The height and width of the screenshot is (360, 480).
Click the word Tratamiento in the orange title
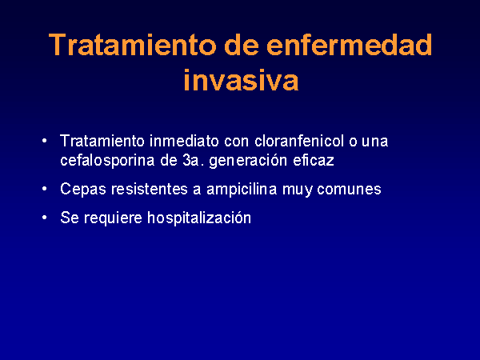133,45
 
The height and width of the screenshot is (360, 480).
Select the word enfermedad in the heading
350,45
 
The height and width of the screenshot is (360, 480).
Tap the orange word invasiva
241,80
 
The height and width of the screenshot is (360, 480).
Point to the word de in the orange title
242,45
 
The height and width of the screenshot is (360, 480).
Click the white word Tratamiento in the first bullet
102,141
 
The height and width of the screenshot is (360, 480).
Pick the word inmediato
184,141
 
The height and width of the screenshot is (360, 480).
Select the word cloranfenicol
299,141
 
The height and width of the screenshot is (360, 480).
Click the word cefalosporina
107,161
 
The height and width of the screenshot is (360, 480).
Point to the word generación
248,161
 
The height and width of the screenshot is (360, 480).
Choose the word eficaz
314,161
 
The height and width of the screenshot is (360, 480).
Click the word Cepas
83,190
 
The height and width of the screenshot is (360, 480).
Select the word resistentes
150,189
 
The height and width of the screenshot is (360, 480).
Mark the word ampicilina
242,190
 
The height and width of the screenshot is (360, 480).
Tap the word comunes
349,190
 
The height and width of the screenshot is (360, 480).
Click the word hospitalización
199,218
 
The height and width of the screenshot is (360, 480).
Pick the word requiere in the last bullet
114,218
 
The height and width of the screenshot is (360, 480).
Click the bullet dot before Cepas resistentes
45,189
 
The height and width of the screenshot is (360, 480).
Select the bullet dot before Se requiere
45,218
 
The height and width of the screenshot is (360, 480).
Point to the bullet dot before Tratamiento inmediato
45,141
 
